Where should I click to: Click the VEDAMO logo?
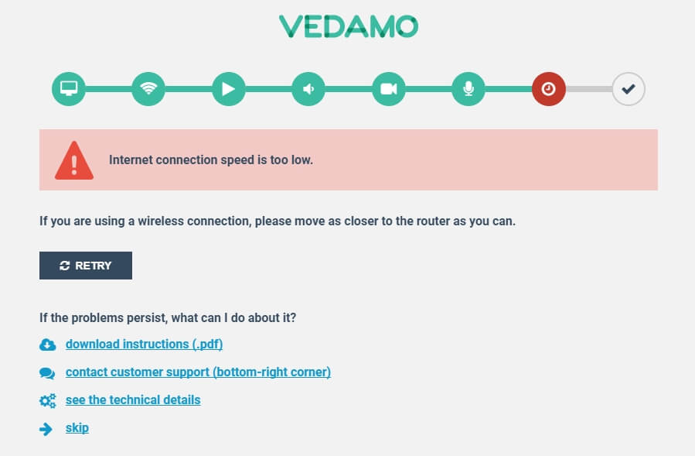pos(349,26)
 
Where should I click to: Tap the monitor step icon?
pos(69,89)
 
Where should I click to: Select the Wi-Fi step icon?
pos(148,89)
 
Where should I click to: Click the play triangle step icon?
pos(229,89)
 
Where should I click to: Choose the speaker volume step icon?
pos(308,89)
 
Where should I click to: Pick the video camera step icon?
pos(389,89)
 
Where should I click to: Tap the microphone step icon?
pos(468,89)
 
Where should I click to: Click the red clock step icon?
pos(549,89)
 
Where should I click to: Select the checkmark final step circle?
pos(629,89)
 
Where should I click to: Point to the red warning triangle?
pos(74,161)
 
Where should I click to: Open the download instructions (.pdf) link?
pos(144,344)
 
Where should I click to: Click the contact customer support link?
pos(198,372)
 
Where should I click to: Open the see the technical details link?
pos(133,399)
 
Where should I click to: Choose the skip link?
pos(77,427)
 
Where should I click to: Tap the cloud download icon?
pos(47,345)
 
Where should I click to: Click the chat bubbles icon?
pos(47,373)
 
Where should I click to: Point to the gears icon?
pos(47,401)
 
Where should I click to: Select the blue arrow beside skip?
pos(46,429)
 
